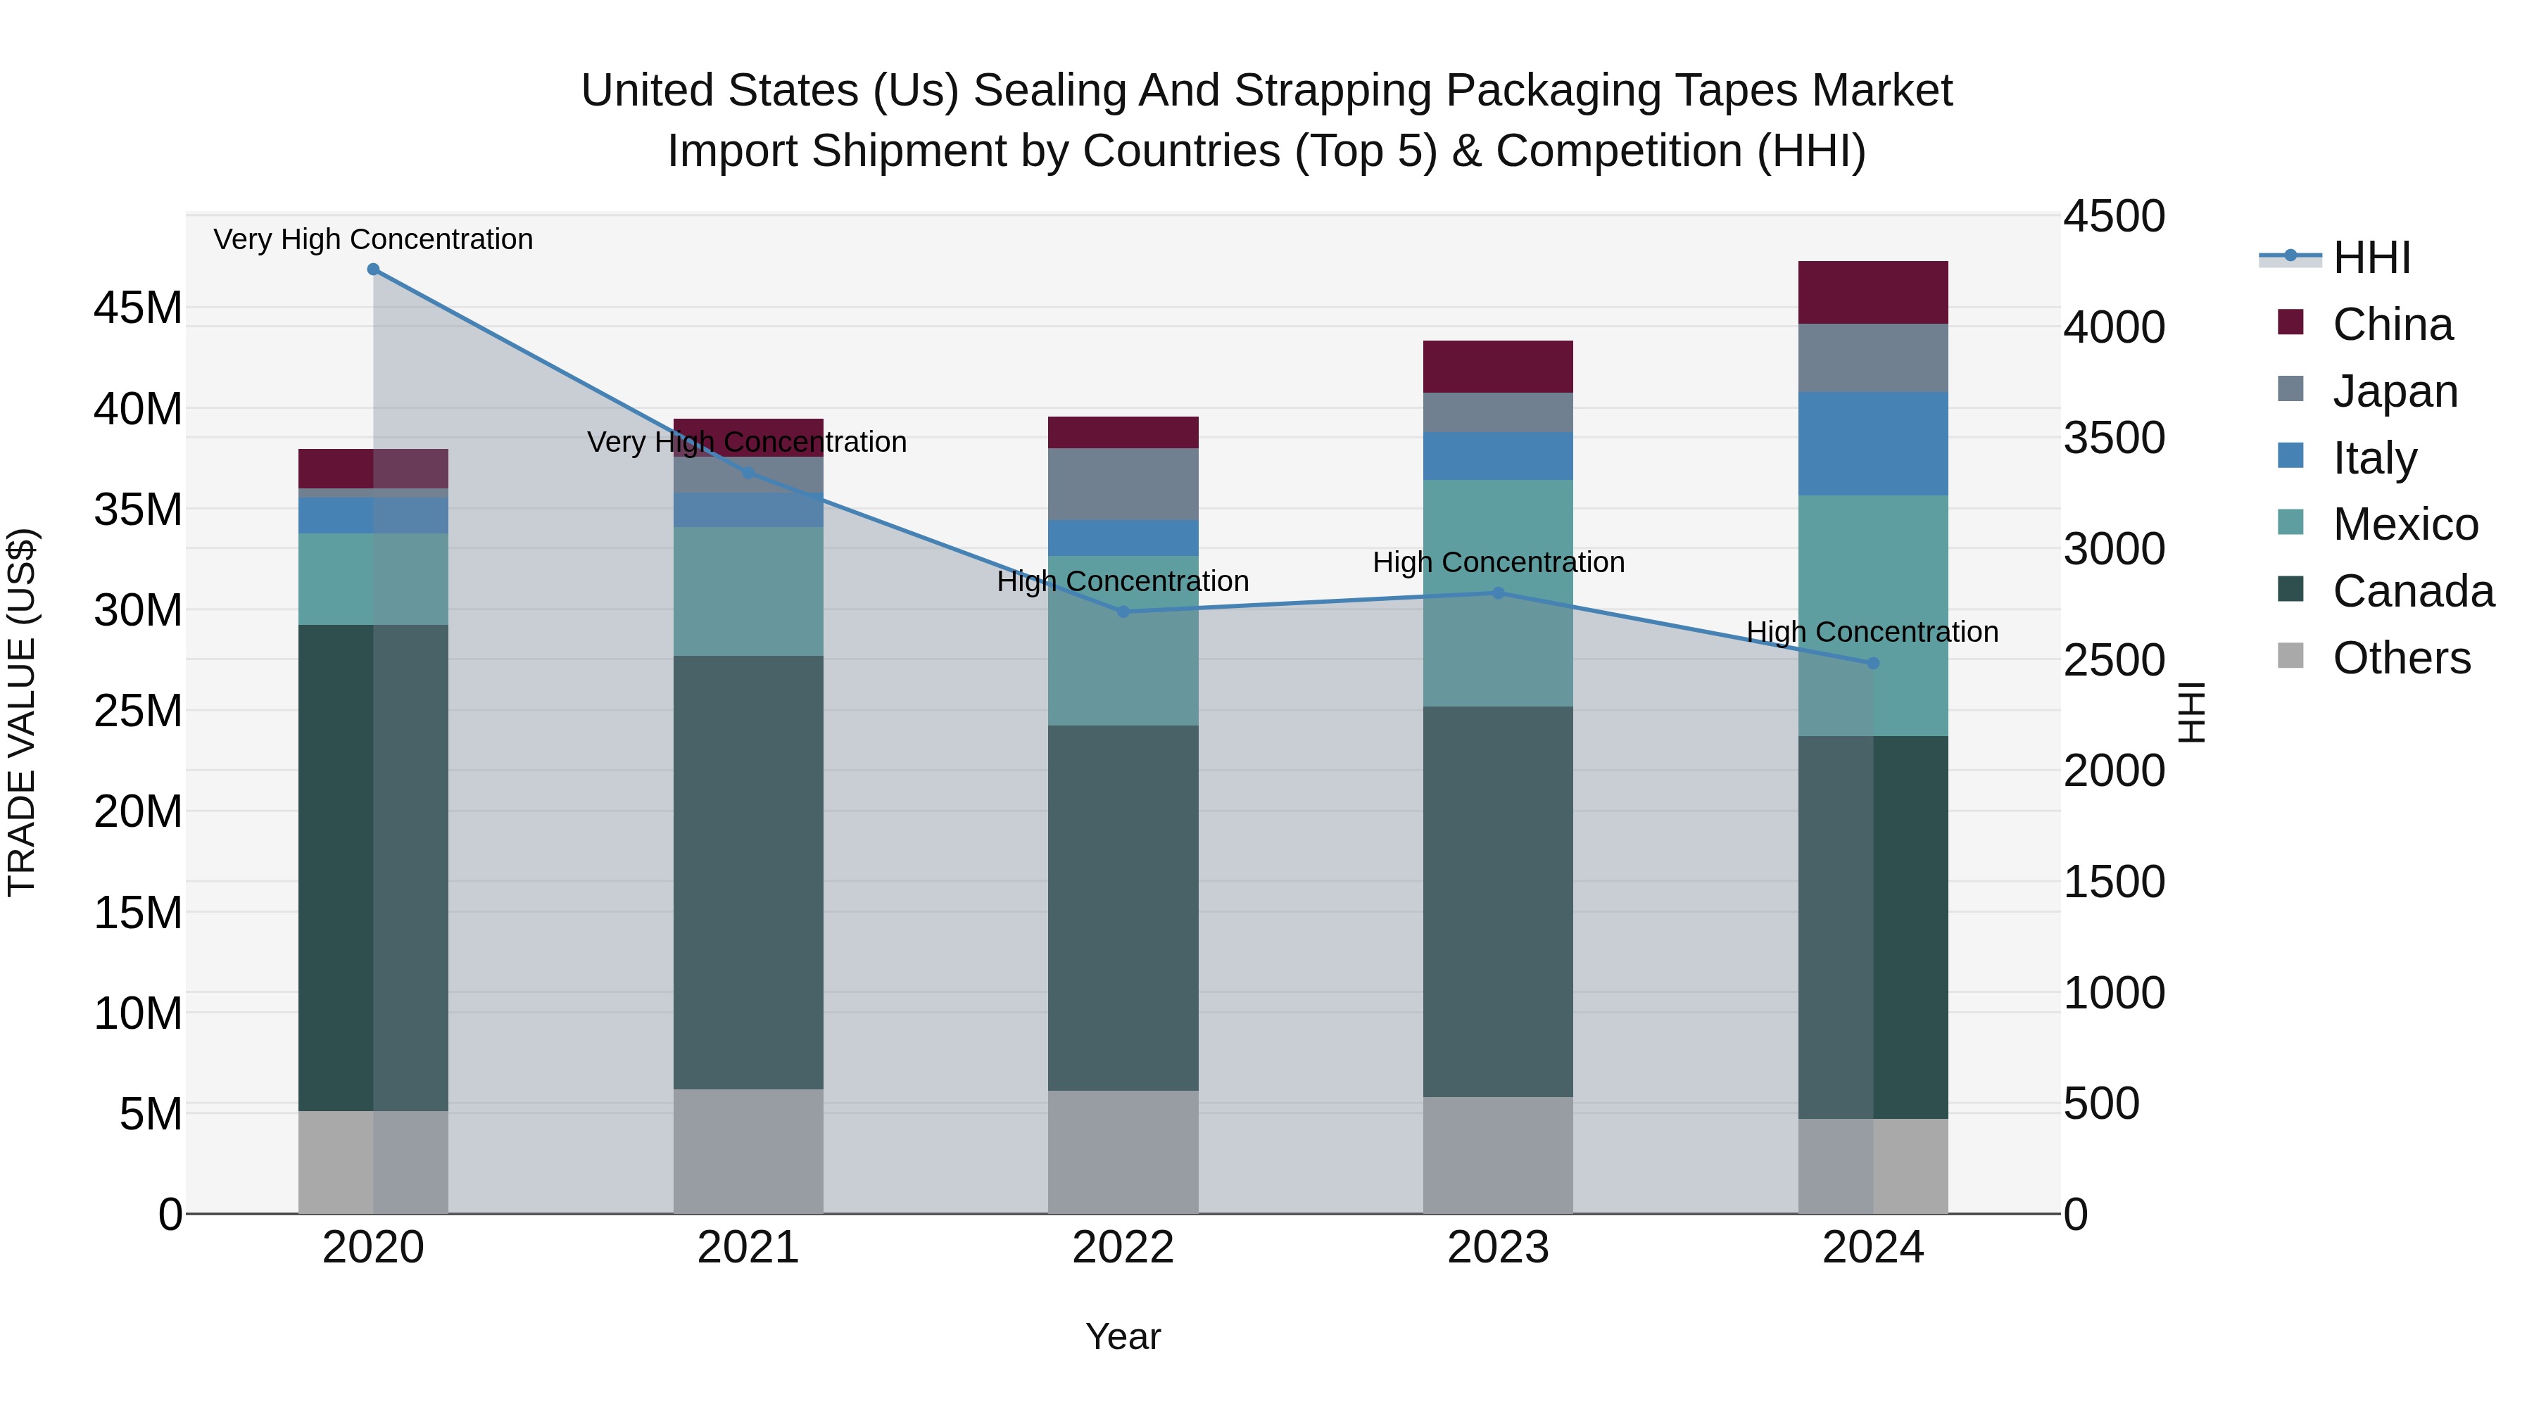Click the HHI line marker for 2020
coord(373,270)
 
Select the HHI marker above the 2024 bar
coord(1873,663)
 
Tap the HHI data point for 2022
coord(1123,612)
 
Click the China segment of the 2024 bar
coord(1873,292)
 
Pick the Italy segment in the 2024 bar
coord(1873,443)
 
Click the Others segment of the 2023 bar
coord(1497,1155)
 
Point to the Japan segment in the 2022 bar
coord(1123,484)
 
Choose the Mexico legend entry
coord(2404,524)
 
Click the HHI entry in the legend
coord(2371,258)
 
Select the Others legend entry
coord(2400,658)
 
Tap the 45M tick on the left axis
coord(138,308)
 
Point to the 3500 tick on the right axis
coord(2114,438)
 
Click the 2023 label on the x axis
coord(1497,1248)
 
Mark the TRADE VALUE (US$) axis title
coord(22,712)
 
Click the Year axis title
coord(1123,1336)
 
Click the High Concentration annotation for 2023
coord(1497,562)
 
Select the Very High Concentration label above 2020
coord(373,239)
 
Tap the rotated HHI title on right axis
coord(2193,712)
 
